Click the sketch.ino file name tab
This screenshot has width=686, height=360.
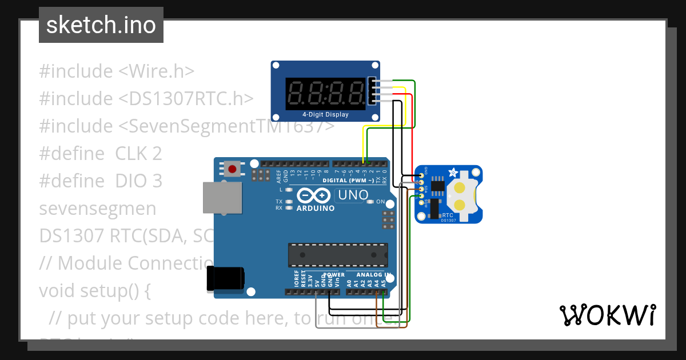(101, 25)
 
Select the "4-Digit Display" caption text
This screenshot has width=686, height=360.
(325, 115)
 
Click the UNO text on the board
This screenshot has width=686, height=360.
(353, 195)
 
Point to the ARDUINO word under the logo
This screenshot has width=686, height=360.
(316, 209)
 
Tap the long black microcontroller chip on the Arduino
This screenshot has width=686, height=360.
(337, 255)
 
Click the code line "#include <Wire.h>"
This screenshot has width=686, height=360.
(117, 71)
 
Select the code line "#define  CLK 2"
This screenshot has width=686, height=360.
(100, 154)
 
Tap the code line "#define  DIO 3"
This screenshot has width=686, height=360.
(101, 181)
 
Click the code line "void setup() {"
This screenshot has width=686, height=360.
(94, 291)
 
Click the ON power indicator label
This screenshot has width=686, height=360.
(380, 202)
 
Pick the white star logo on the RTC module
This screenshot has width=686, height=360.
(452, 171)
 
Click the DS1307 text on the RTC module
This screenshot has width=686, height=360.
(449, 220)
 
